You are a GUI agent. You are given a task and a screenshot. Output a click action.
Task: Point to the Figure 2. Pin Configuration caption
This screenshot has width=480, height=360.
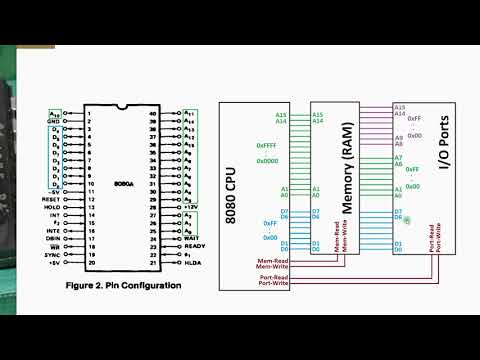[124, 285]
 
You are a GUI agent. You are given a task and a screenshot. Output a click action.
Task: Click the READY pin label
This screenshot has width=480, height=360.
[195, 246]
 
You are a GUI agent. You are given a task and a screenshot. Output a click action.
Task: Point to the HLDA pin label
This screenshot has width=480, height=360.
[193, 264]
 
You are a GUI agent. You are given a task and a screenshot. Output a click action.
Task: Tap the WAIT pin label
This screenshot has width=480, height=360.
[193, 237]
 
